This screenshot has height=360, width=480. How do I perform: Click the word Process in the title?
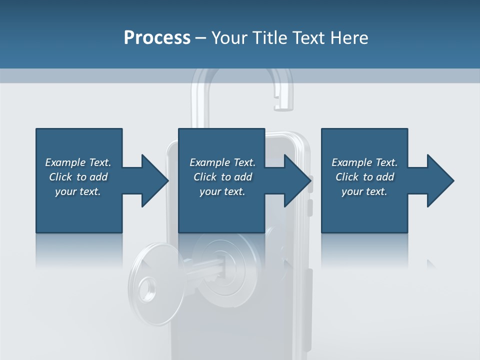click(x=157, y=37)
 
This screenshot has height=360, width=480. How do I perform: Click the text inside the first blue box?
click(x=78, y=177)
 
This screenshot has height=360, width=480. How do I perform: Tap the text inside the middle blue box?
click(x=222, y=177)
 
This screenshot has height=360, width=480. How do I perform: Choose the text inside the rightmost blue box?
click(x=364, y=177)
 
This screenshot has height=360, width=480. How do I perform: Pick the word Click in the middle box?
click(x=205, y=177)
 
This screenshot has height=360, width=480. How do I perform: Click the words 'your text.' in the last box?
click(x=364, y=191)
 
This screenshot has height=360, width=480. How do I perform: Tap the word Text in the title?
click(x=308, y=37)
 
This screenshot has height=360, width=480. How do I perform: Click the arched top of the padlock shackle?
click(x=235, y=70)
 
